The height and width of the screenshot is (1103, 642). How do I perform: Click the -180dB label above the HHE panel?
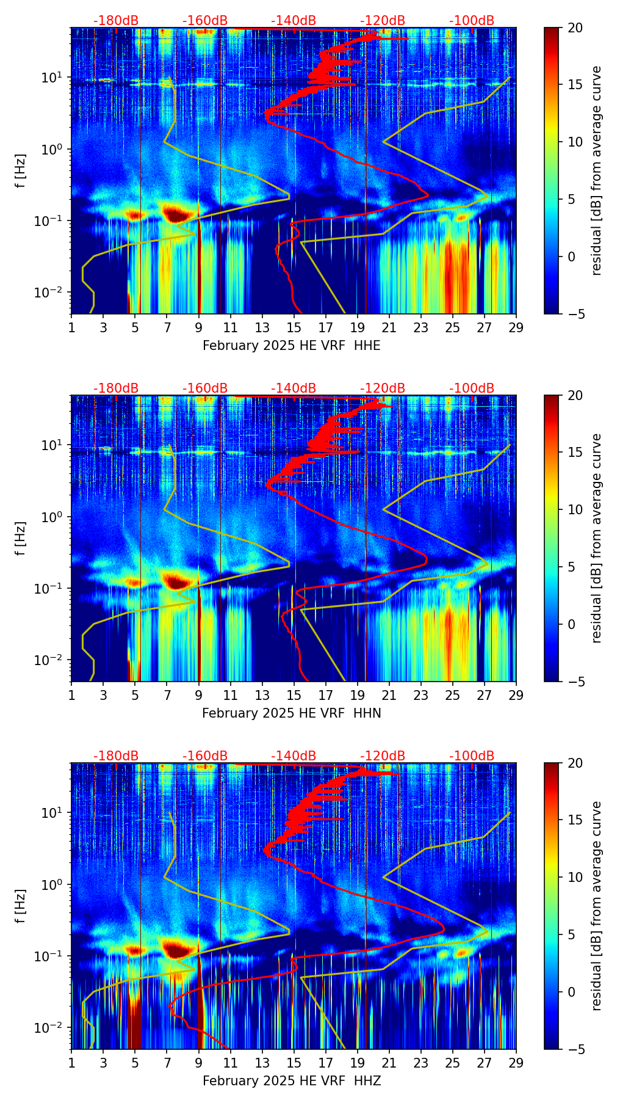[x=116, y=21]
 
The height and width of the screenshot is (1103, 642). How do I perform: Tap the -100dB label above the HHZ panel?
[x=472, y=756]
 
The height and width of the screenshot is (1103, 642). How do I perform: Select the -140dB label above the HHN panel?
[x=294, y=388]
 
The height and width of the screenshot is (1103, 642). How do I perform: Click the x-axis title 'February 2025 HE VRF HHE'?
[x=291, y=346]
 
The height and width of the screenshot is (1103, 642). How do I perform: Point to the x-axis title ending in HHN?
[x=291, y=713]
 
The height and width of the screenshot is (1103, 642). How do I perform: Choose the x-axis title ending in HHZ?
[x=291, y=1081]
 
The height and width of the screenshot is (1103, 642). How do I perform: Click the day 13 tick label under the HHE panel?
[x=262, y=327]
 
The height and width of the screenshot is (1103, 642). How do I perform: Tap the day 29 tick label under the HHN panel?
[x=516, y=695]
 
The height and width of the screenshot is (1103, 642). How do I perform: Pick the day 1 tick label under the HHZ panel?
[x=72, y=1063]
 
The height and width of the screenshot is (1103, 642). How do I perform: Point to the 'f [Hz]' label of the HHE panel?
[x=21, y=171]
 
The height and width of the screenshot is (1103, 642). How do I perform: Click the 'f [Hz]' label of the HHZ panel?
[x=21, y=906]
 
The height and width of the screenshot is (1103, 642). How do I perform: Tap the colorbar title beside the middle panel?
[x=596, y=538]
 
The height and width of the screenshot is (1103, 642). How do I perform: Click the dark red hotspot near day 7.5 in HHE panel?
[x=176, y=214]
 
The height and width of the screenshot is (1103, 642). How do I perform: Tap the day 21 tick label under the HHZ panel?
[x=389, y=1063]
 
